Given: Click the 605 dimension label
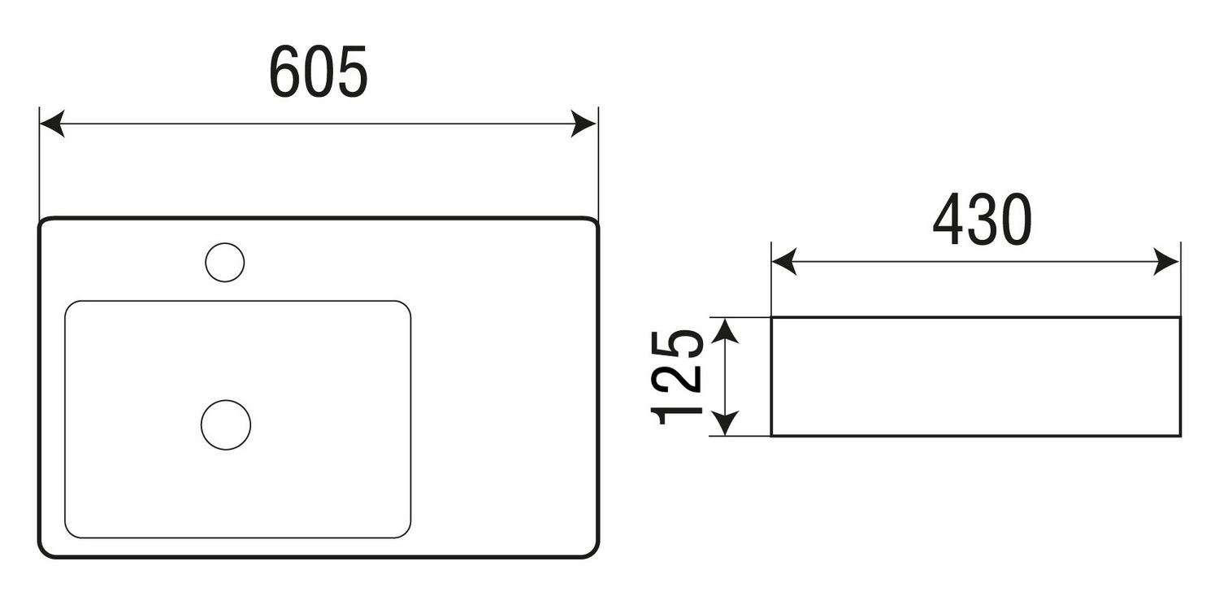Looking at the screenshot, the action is [319, 72].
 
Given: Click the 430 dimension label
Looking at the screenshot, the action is [983, 219].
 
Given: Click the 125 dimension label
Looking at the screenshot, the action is [677, 377].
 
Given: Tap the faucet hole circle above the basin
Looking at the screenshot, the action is [225, 263].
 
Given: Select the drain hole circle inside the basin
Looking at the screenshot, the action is [226, 424].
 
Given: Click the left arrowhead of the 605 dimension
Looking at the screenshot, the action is [52, 124].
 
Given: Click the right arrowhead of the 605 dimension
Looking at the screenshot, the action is [583, 124].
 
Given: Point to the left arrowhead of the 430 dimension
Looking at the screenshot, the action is [784, 261].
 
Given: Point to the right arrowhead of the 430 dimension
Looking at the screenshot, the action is [1166, 261].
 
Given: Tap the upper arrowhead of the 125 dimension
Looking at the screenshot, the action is [725, 330].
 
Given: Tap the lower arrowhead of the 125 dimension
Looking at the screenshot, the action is [725, 423].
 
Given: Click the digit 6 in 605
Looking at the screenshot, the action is [284, 72].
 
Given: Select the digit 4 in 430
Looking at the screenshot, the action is [948, 219].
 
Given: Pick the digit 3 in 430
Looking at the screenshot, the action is [983, 219].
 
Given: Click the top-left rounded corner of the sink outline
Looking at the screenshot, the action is [44, 223].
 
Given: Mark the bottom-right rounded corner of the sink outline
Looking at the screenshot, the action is [593, 552].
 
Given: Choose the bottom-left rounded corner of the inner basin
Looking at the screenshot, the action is [70, 533].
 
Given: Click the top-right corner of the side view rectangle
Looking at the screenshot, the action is [1180, 317].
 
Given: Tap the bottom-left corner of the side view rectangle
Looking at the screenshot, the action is [772, 436].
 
